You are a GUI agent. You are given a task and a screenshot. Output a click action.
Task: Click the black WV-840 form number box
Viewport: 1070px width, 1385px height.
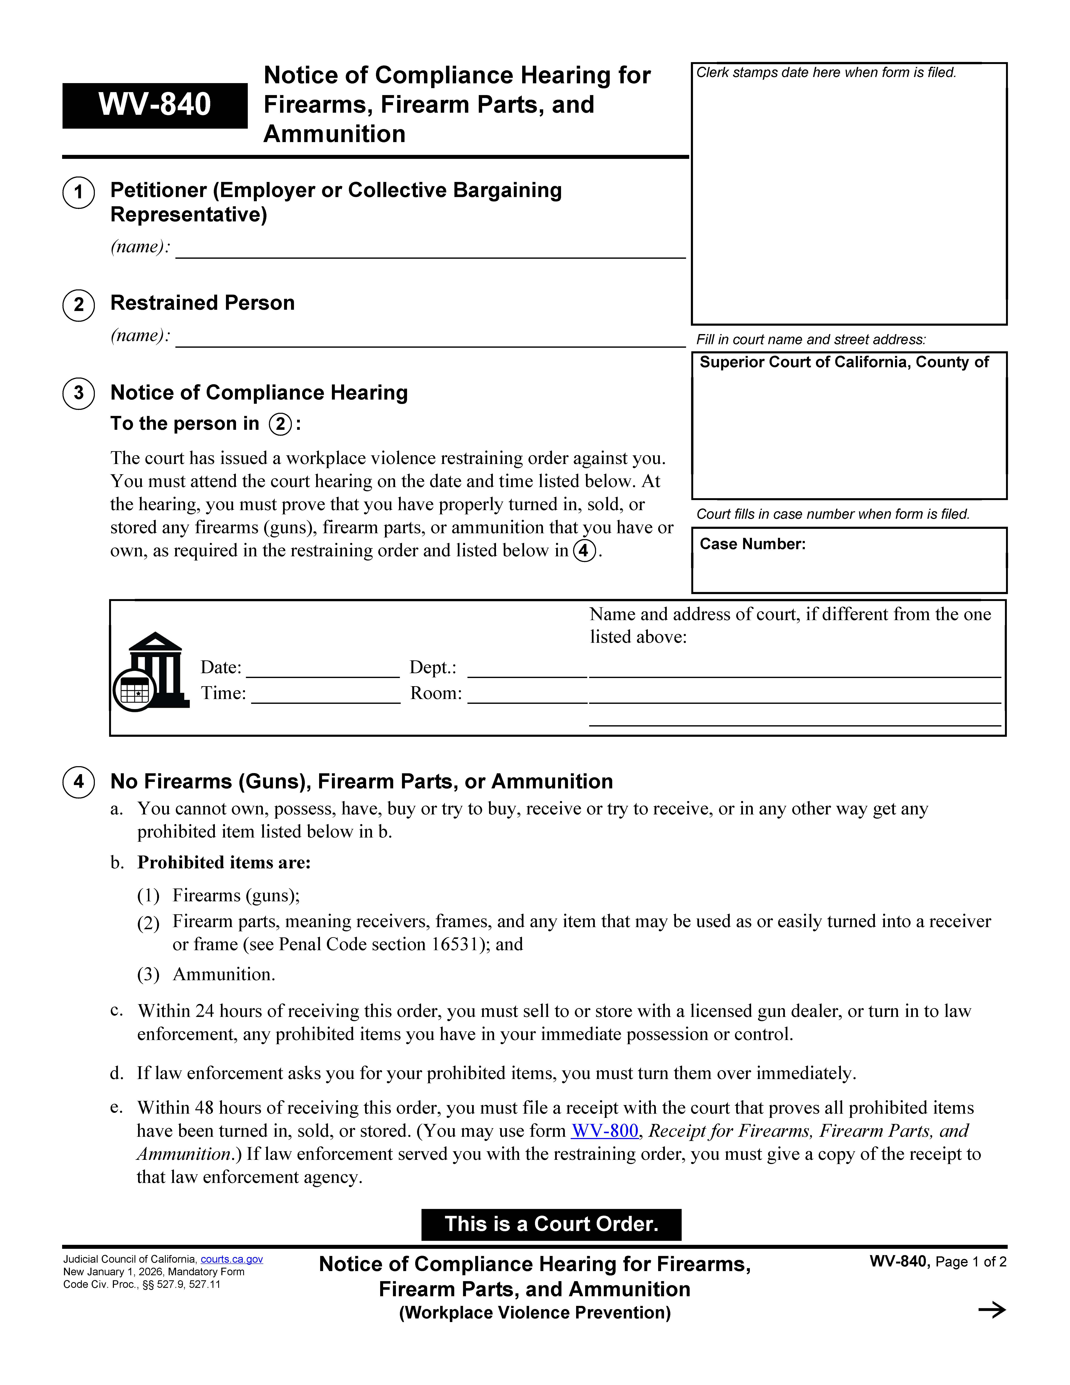click(x=155, y=105)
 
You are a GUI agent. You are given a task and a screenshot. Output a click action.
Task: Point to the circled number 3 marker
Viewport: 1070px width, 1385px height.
click(x=79, y=393)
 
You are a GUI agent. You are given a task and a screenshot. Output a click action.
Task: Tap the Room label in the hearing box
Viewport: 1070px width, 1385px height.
click(x=436, y=693)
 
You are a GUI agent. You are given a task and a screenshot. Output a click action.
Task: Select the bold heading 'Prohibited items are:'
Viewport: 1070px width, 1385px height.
click(x=224, y=862)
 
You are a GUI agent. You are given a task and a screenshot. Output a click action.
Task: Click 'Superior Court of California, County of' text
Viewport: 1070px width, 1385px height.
click(x=844, y=362)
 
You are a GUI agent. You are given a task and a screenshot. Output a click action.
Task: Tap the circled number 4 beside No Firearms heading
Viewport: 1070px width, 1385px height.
click(x=79, y=781)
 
